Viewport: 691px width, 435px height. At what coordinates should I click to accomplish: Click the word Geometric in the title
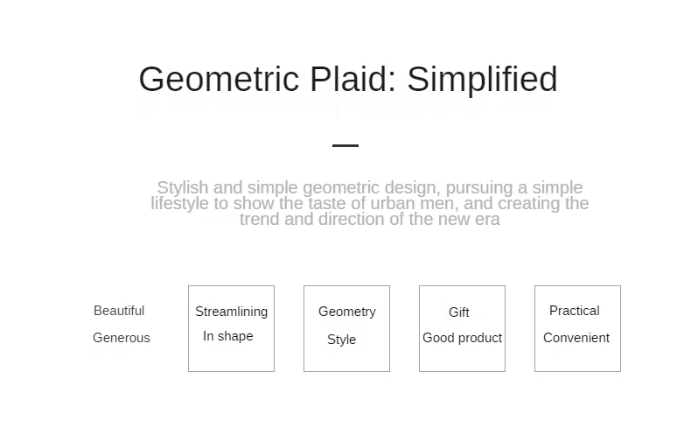[x=219, y=80]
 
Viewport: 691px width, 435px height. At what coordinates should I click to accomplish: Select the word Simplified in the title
[x=482, y=80]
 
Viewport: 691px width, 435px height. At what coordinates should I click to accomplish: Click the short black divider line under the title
[x=345, y=145]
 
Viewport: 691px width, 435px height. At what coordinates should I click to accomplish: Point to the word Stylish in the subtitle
[x=183, y=188]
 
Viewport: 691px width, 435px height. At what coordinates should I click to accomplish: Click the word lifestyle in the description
[x=180, y=203]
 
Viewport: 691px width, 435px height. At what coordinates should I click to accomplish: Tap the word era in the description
[x=487, y=220]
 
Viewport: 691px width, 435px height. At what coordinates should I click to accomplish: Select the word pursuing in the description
[x=479, y=188]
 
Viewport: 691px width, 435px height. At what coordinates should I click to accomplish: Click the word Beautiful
[x=119, y=311]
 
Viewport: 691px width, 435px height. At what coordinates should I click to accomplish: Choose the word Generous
[x=122, y=338]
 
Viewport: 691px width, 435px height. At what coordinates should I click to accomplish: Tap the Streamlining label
[x=232, y=312]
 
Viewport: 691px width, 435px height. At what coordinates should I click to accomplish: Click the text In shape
[x=227, y=336]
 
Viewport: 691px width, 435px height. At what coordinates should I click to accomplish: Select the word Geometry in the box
[x=347, y=312]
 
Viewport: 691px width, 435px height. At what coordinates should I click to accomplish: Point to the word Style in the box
[x=341, y=340]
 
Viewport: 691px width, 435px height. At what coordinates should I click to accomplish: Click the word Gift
[x=458, y=312]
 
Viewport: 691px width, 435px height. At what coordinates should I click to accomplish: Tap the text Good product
[x=463, y=338]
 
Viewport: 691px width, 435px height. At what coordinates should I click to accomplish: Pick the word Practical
[x=574, y=311]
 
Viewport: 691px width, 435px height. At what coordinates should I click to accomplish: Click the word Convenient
[x=576, y=338]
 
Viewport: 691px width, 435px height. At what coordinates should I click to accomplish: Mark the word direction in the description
[x=352, y=220]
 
